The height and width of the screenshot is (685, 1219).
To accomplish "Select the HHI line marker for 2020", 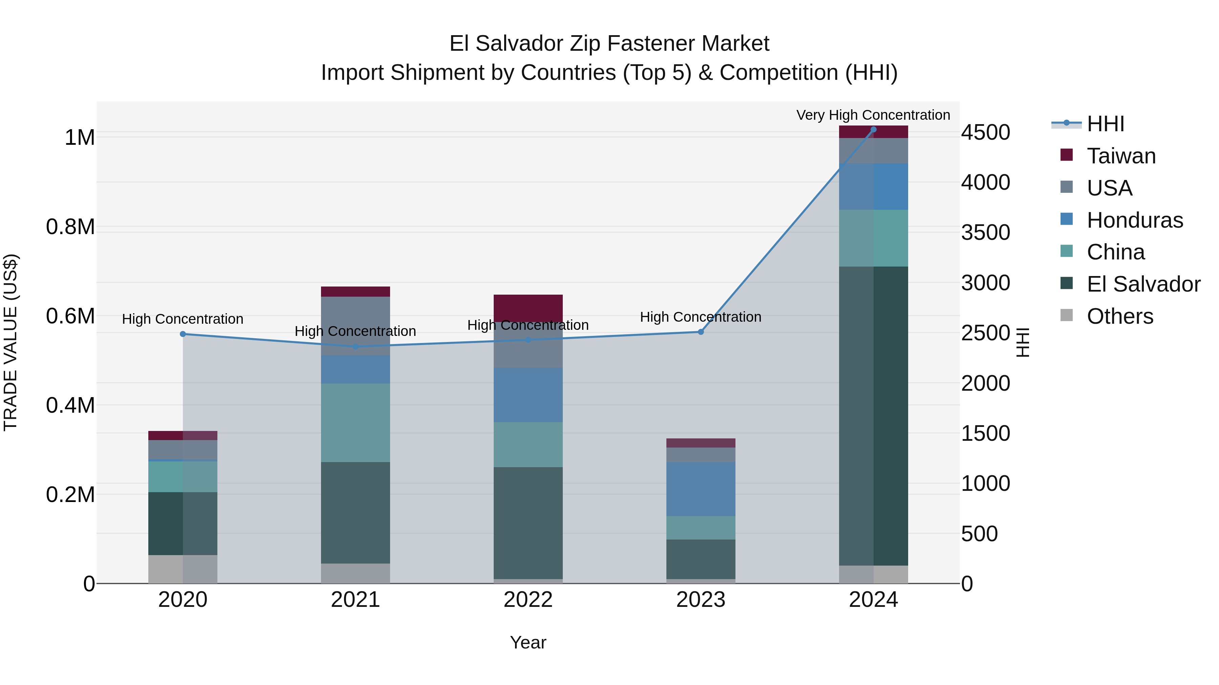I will [183, 334].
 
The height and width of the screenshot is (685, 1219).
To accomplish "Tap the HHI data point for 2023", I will [701, 332].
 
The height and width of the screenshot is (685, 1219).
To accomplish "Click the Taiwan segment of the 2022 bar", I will [528, 308].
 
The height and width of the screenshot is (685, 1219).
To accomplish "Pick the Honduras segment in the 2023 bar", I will [701, 489].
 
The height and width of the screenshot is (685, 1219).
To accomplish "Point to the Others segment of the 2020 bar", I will [183, 569].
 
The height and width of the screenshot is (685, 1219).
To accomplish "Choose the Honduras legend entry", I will [1135, 220].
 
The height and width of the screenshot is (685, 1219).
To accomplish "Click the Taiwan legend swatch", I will [1067, 155].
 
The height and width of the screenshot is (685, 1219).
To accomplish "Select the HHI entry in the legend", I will [1106, 124].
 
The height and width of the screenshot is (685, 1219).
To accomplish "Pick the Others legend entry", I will [1120, 316].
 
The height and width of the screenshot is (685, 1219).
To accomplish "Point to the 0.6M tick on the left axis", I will [70, 316].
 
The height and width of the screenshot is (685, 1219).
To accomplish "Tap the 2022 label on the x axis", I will [528, 600].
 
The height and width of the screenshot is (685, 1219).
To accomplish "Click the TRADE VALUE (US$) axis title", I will [11, 342].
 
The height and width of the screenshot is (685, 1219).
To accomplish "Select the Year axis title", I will [528, 642].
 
